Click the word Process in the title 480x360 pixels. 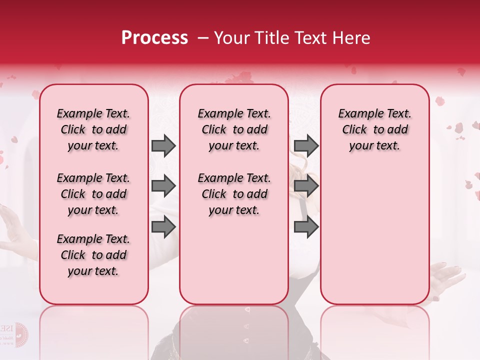(154, 38)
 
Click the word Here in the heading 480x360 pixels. (351, 38)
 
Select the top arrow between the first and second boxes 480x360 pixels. (163, 145)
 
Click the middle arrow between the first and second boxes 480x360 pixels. (163, 186)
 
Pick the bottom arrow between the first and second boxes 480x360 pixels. (163, 227)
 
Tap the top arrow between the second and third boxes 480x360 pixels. (306, 145)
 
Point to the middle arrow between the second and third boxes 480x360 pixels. (306, 186)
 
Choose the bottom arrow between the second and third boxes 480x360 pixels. (306, 227)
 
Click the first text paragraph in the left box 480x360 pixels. (93, 129)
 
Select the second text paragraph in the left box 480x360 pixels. (93, 194)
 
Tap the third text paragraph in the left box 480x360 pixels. (93, 255)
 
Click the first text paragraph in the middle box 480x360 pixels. (234, 129)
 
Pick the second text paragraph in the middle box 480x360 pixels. (234, 194)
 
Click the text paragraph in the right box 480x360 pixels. (375, 129)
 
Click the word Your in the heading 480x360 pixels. (232, 38)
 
